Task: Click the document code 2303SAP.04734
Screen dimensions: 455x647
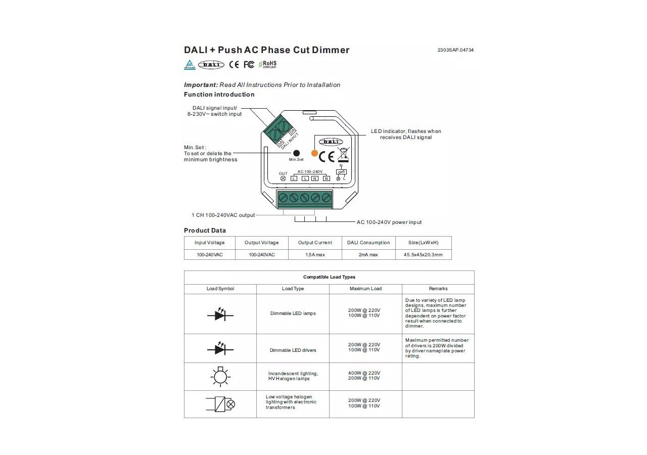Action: click(x=455, y=50)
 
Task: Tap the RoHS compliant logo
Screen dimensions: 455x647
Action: click(x=268, y=64)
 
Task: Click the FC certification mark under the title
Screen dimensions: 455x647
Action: click(x=249, y=64)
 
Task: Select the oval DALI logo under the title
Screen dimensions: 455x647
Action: click(x=211, y=64)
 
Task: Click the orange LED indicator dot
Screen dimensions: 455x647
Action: click(x=314, y=153)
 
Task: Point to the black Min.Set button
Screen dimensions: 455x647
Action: click(x=297, y=153)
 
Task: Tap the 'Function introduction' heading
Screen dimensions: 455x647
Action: click(x=219, y=95)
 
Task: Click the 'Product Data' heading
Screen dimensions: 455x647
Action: click(x=205, y=231)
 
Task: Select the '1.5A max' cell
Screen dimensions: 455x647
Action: click(x=315, y=255)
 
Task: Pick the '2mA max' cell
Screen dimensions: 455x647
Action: click(x=368, y=255)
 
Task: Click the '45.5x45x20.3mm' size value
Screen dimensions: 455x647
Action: click(x=423, y=255)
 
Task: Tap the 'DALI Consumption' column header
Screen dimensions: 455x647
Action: click(x=368, y=243)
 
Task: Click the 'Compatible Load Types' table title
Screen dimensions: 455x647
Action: click(x=329, y=277)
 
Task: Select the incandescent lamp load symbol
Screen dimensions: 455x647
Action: click(x=220, y=376)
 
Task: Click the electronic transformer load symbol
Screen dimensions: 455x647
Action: click(x=220, y=404)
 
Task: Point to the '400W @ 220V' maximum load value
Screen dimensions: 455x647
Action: click(x=364, y=373)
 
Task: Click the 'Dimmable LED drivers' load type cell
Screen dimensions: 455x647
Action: click(x=293, y=350)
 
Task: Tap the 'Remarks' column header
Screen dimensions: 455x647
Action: click(x=438, y=289)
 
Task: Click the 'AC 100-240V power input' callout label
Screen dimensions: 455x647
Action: click(x=389, y=222)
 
